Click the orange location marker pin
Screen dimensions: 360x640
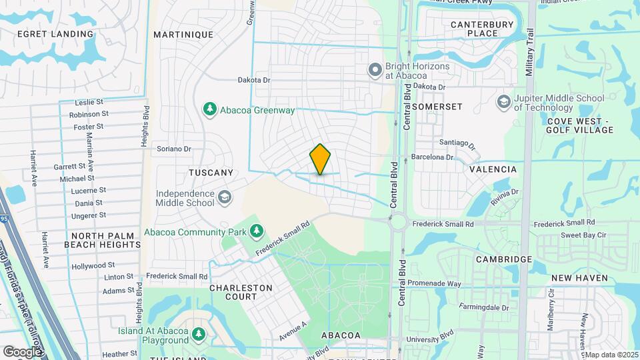(x=321, y=159)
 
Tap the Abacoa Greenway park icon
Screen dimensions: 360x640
(x=210, y=108)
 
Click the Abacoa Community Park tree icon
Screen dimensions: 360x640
(x=257, y=231)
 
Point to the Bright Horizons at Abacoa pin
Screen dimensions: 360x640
(x=375, y=69)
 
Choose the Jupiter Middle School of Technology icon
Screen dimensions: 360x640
(x=503, y=101)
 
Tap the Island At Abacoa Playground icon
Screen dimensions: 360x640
(x=198, y=333)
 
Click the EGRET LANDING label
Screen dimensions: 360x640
(x=55, y=34)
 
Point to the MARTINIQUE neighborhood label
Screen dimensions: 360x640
(x=183, y=35)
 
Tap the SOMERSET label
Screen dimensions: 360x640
(x=437, y=107)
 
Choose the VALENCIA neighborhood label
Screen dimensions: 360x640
(x=493, y=169)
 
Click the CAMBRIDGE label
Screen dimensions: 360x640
(x=503, y=259)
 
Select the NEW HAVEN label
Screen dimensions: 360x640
(x=579, y=277)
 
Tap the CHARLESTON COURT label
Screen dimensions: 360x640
(x=241, y=292)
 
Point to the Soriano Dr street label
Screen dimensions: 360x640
(x=174, y=149)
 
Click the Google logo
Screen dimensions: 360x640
(x=21, y=351)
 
